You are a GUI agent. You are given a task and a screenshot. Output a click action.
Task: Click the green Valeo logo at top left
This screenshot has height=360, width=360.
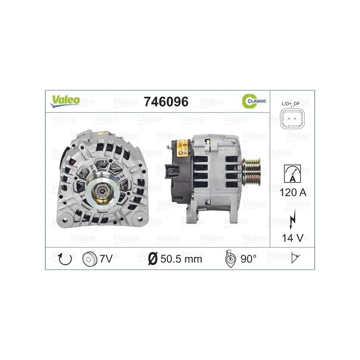pyautogui.click(x=65, y=101)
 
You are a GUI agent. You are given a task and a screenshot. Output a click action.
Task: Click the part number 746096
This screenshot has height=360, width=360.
pyautogui.click(x=166, y=102)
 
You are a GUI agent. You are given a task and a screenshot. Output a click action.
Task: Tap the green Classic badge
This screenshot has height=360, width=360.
pyautogui.click(x=254, y=101)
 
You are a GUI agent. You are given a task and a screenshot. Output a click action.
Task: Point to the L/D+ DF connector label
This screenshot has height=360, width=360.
pyautogui.click(x=291, y=104)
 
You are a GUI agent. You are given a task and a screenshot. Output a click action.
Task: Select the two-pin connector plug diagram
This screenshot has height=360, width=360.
pyautogui.click(x=292, y=119)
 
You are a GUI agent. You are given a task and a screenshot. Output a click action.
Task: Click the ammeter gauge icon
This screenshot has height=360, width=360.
pyautogui.click(x=292, y=174)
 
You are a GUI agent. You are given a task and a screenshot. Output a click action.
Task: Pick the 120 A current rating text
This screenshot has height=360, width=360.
pyautogui.click(x=293, y=193)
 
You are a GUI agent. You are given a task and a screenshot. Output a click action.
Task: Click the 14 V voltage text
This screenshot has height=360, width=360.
pyautogui.click(x=293, y=238)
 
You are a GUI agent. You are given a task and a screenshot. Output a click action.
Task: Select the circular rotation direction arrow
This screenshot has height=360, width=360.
pyautogui.click(x=65, y=259)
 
